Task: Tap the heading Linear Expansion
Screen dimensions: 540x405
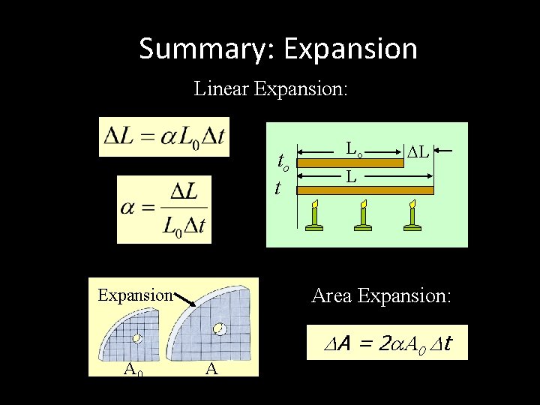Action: coord(271,89)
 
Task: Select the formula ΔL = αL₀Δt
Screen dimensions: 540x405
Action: coord(165,136)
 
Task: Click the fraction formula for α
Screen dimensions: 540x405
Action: coord(165,209)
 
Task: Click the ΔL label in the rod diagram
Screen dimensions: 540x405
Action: coord(418,152)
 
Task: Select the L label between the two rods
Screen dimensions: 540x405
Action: coord(350,178)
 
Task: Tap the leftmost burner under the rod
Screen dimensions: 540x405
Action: coord(316,215)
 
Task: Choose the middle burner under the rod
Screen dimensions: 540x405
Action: coord(364,215)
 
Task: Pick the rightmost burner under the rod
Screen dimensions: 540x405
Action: coord(412,215)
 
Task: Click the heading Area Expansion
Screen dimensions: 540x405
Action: coord(382,296)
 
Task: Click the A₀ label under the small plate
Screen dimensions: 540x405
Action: coord(135,367)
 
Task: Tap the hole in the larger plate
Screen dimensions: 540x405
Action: coord(219,329)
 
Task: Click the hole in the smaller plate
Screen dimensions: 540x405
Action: coord(137,338)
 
